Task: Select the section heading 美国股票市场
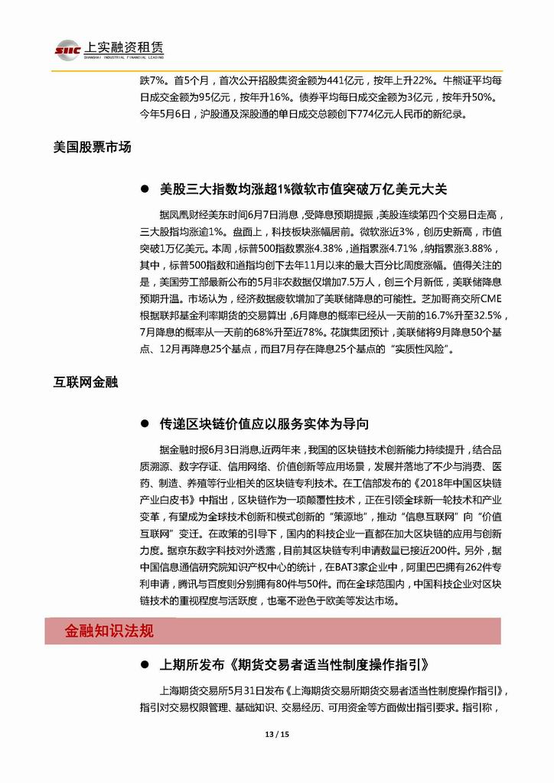click(93, 148)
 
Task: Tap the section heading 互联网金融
click(86, 380)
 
